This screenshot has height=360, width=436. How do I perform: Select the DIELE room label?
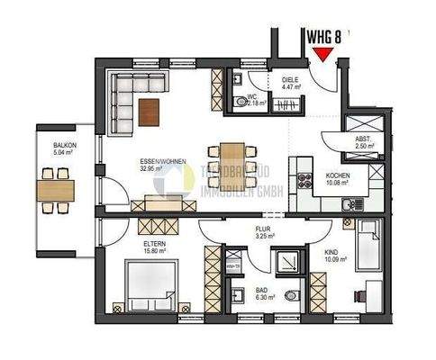[x=290, y=80]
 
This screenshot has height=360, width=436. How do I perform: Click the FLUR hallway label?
[x=264, y=229]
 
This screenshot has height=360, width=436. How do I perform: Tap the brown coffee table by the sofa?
[x=150, y=111]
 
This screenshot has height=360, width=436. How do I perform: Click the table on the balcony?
[x=57, y=191]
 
